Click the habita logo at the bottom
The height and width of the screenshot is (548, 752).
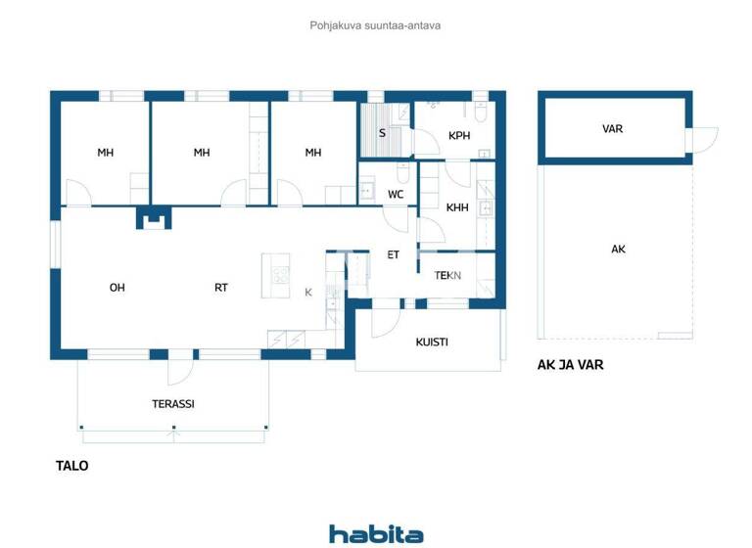coord(376,533)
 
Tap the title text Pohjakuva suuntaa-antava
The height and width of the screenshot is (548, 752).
coord(376,25)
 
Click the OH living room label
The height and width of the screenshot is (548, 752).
coord(117,288)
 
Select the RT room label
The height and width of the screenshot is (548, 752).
coord(221,288)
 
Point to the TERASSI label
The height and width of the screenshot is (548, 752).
coord(172,403)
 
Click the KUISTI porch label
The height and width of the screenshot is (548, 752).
coord(432,342)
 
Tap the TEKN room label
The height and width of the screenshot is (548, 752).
coord(448,276)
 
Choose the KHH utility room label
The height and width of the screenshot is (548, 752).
coord(457,207)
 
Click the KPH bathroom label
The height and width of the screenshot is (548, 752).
coord(459,136)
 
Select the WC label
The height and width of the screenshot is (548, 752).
coord(396,195)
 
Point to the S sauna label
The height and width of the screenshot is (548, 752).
coord(381,132)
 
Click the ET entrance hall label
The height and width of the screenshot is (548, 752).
coord(394,254)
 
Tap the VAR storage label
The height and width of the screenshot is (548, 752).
coord(612,128)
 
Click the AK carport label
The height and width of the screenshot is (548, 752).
coord(618,250)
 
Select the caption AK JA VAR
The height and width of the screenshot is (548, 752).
coord(570,365)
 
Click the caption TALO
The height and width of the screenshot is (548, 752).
coord(71,466)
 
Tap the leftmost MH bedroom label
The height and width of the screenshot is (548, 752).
coord(106,153)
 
